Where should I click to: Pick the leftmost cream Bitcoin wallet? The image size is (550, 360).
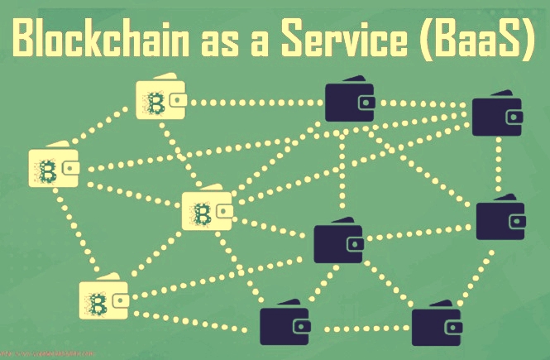[54, 170]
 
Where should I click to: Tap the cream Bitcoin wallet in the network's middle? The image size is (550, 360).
[206, 213]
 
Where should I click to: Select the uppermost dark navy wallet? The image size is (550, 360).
[349, 100]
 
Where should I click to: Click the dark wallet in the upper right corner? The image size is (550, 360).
[496, 117]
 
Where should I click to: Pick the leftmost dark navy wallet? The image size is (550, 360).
[284, 324]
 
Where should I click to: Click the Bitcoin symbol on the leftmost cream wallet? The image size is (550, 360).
[45, 172]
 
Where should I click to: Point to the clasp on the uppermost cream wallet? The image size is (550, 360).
[178, 102]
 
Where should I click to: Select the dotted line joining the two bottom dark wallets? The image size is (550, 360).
[360, 329]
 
